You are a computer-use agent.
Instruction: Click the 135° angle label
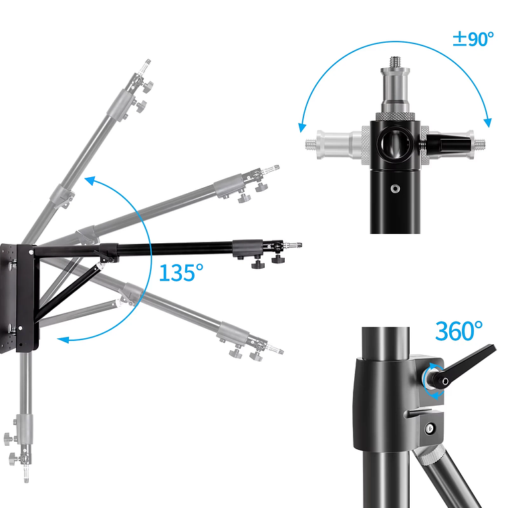tap(181, 273)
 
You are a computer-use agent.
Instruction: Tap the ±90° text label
tap(473, 39)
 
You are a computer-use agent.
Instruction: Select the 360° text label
tap(459, 331)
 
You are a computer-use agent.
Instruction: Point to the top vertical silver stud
tap(395, 84)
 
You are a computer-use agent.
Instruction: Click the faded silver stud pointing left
tap(334, 144)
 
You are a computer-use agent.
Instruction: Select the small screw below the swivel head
tap(395, 188)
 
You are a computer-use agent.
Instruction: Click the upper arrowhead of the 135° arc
tap(90, 180)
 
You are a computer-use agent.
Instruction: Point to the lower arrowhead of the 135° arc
tap(63, 340)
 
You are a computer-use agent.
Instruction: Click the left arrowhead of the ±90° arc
tap(302, 128)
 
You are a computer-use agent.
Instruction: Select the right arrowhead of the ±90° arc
tap(487, 123)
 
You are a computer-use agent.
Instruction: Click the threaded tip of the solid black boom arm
tap(296, 245)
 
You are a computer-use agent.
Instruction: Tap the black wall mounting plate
tap(19, 298)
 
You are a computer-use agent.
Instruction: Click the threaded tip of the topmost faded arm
tap(147, 63)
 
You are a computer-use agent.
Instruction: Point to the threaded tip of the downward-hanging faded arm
tap(26, 476)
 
